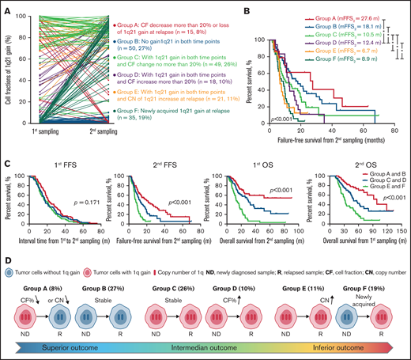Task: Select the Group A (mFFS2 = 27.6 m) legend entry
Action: coord(329,17)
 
